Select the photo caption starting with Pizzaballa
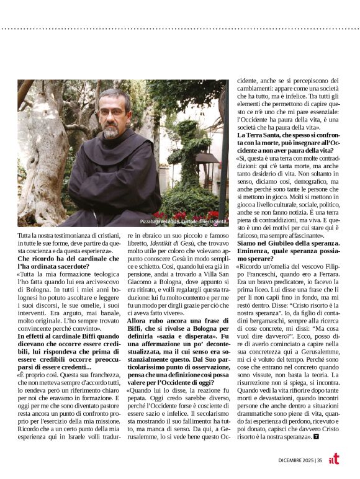click(x=179, y=222)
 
